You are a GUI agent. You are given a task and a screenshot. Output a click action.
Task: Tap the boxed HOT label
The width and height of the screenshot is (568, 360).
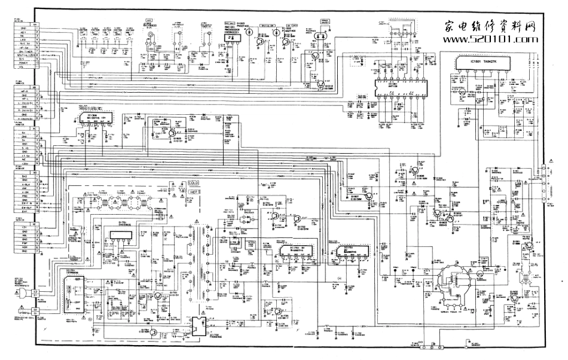pyautogui.click(x=194, y=191)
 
